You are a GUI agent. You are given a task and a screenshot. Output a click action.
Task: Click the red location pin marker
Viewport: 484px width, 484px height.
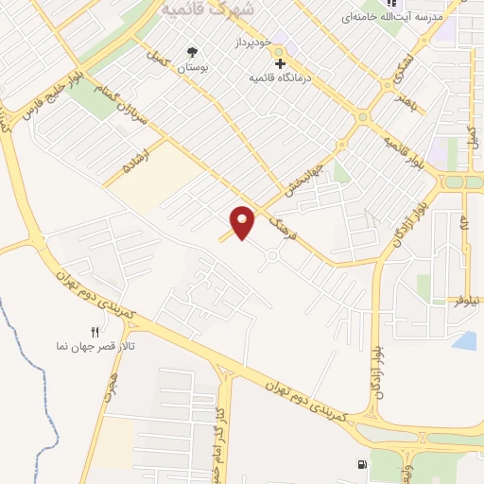coord(243,222)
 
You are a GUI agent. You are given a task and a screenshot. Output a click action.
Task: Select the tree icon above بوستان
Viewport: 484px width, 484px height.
coord(195,52)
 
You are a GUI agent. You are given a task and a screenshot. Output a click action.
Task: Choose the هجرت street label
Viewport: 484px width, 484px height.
coord(111,385)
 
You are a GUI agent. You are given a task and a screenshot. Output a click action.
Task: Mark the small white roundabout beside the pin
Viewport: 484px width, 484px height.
coord(272,254)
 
